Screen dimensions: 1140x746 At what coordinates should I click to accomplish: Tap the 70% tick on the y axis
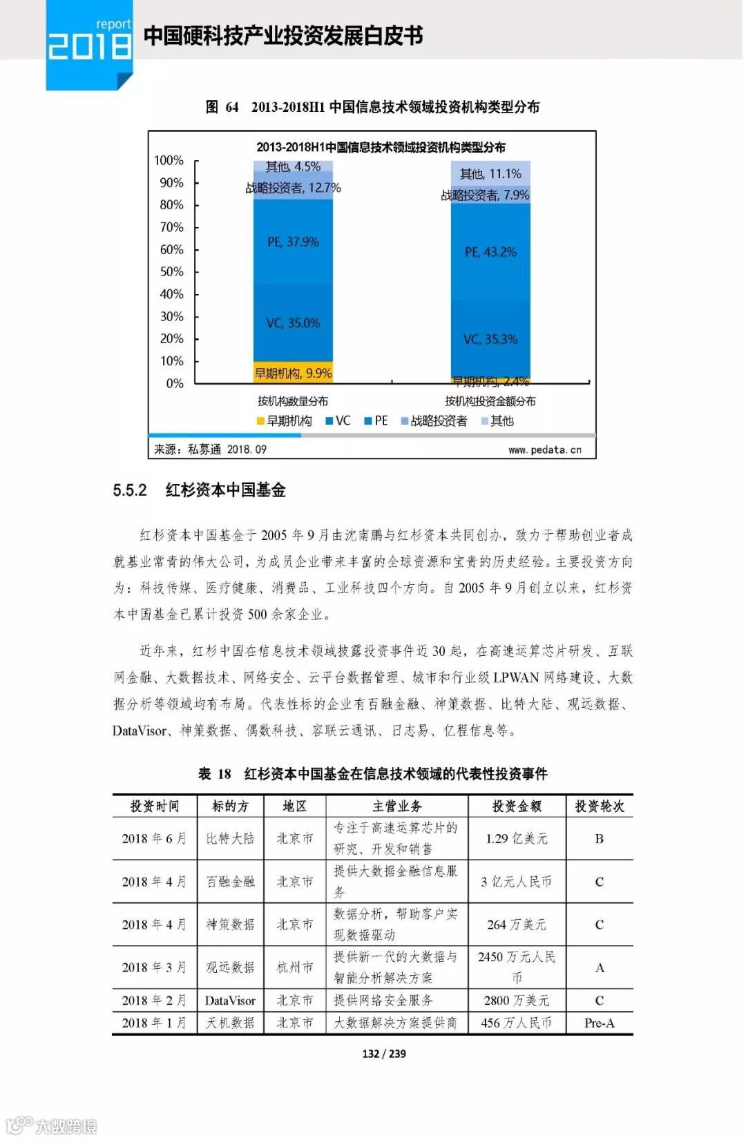(x=172, y=227)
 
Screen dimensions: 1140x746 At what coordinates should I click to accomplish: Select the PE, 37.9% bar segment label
(x=293, y=242)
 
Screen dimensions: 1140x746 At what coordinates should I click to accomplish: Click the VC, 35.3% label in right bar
(x=490, y=339)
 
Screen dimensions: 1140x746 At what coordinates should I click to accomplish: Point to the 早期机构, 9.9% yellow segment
(x=293, y=374)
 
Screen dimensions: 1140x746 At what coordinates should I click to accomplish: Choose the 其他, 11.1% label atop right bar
(x=490, y=174)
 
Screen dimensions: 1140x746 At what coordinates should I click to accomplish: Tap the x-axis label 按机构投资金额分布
(x=490, y=401)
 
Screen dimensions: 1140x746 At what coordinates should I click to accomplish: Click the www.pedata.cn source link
(x=545, y=450)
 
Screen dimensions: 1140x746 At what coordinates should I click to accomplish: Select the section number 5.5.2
(x=130, y=490)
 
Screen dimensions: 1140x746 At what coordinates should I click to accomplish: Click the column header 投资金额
(x=517, y=806)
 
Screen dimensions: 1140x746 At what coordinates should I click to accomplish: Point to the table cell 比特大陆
(x=230, y=838)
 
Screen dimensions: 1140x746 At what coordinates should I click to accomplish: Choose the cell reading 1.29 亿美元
(x=517, y=838)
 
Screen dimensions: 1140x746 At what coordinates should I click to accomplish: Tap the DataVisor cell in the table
(x=230, y=1001)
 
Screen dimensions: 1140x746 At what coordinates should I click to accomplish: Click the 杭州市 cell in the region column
(x=295, y=967)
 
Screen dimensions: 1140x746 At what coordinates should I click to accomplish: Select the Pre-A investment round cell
(x=599, y=1023)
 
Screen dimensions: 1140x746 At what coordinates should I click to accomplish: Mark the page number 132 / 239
(x=384, y=1054)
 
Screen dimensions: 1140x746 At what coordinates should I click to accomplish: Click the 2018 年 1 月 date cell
(x=154, y=1023)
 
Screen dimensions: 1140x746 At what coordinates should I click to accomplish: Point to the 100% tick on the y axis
(x=169, y=161)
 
